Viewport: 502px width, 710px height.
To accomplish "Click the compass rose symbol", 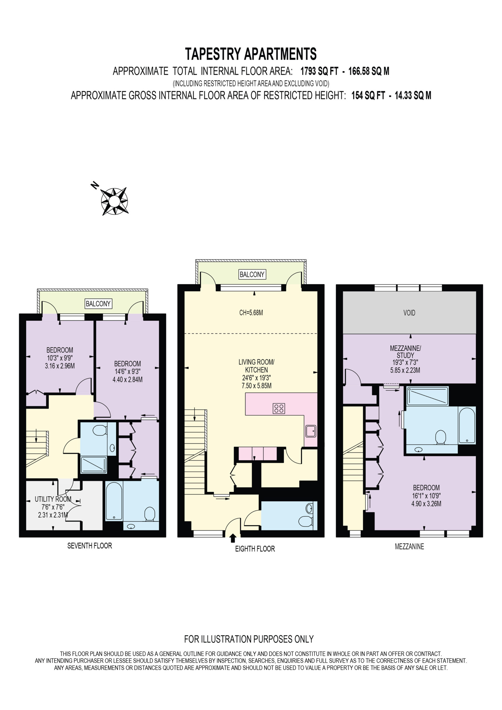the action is tap(114, 201).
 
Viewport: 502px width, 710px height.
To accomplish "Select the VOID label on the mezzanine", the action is tap(409, 313).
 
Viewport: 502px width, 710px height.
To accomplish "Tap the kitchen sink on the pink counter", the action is tap(311, 431).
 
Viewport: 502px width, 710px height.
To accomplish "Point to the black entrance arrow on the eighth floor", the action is tap(233, 538).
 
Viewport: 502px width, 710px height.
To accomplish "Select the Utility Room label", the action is tap(53, 499).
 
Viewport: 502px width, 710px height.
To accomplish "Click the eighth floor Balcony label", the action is tap(252, 274).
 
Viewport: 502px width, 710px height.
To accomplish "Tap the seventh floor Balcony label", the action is tap(98, 304).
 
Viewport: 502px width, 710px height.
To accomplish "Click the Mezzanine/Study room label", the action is tap(405, 352).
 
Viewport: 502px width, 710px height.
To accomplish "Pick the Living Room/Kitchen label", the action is tap(257, 366).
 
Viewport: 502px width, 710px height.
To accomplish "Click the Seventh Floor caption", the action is tap(90, 546).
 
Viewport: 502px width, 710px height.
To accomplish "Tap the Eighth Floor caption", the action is tap(255, 549).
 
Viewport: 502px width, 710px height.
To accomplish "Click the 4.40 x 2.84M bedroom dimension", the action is tap(127, 379).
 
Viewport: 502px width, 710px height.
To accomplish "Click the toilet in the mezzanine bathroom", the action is tap(440, 438).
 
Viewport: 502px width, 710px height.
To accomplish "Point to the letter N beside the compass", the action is tap(95, 185).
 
